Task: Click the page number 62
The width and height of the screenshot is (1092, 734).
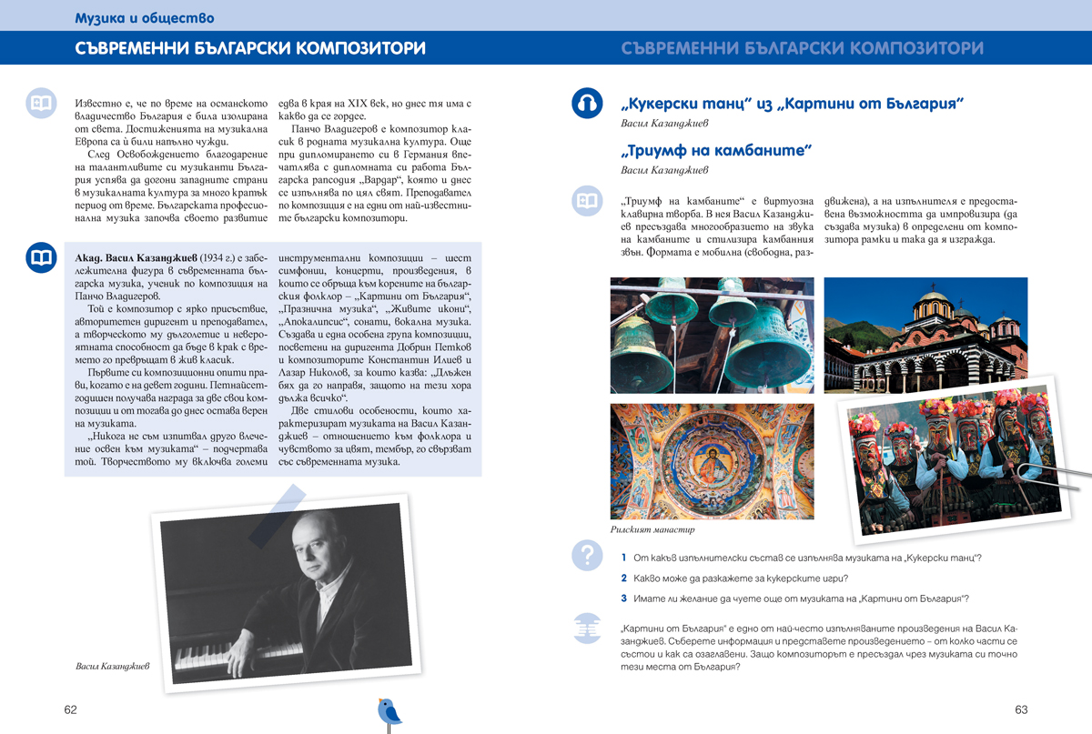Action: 70,709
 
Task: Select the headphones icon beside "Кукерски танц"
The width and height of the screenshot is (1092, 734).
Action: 588,103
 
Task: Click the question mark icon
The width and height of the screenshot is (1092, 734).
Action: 587,554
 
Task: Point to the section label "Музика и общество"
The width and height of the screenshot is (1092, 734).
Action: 145,16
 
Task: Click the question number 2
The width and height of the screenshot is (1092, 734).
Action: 624,578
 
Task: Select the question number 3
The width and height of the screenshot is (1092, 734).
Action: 624,598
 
